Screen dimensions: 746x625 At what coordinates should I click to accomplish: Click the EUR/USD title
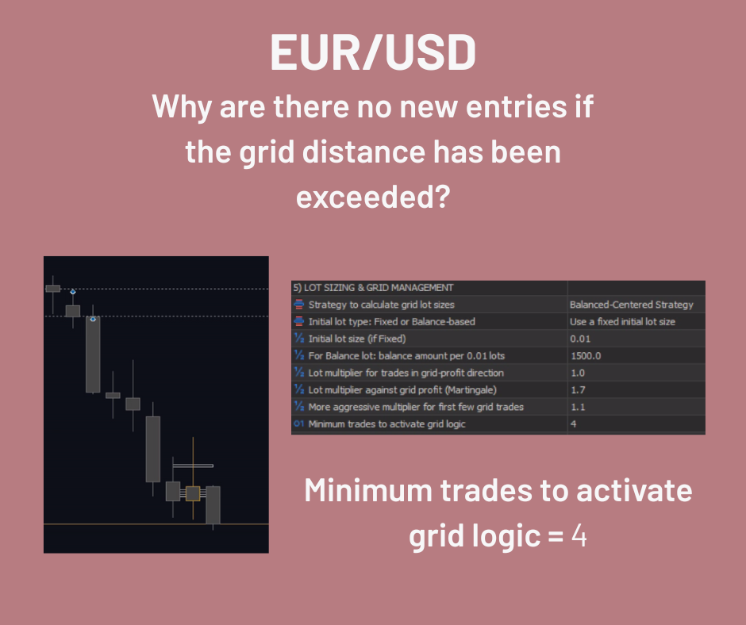373,52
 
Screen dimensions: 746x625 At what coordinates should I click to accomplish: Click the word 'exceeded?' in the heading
373,197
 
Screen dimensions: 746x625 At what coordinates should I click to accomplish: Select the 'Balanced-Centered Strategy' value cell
632,305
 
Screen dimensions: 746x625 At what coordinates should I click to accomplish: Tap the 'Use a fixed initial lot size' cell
622,321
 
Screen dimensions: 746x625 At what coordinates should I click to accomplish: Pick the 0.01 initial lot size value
580,339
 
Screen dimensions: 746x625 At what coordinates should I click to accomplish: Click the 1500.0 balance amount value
586,356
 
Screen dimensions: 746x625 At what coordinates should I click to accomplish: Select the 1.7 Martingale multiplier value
578,390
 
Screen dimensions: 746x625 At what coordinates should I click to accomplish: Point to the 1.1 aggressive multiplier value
578,407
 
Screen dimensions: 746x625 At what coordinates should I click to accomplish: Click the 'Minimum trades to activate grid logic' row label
386,424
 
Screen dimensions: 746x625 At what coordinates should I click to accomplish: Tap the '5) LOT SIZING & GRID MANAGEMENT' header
374,287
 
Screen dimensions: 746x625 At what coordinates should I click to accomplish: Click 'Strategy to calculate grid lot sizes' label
381,305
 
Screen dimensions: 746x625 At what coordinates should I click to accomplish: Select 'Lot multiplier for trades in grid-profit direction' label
406,373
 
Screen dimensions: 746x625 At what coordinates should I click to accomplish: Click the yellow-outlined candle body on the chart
193,493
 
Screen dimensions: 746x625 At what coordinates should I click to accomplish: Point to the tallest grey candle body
93,355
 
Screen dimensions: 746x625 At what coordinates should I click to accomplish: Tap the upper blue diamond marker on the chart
73,292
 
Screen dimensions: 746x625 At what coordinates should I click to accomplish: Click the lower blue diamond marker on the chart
93,319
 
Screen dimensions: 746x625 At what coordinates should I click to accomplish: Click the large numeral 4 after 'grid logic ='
579,535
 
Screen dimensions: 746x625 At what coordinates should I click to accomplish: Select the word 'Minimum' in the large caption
368,490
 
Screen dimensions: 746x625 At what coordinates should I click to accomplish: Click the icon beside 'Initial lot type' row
298,321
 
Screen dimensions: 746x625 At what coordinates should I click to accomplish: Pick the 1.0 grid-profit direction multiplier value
578,373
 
